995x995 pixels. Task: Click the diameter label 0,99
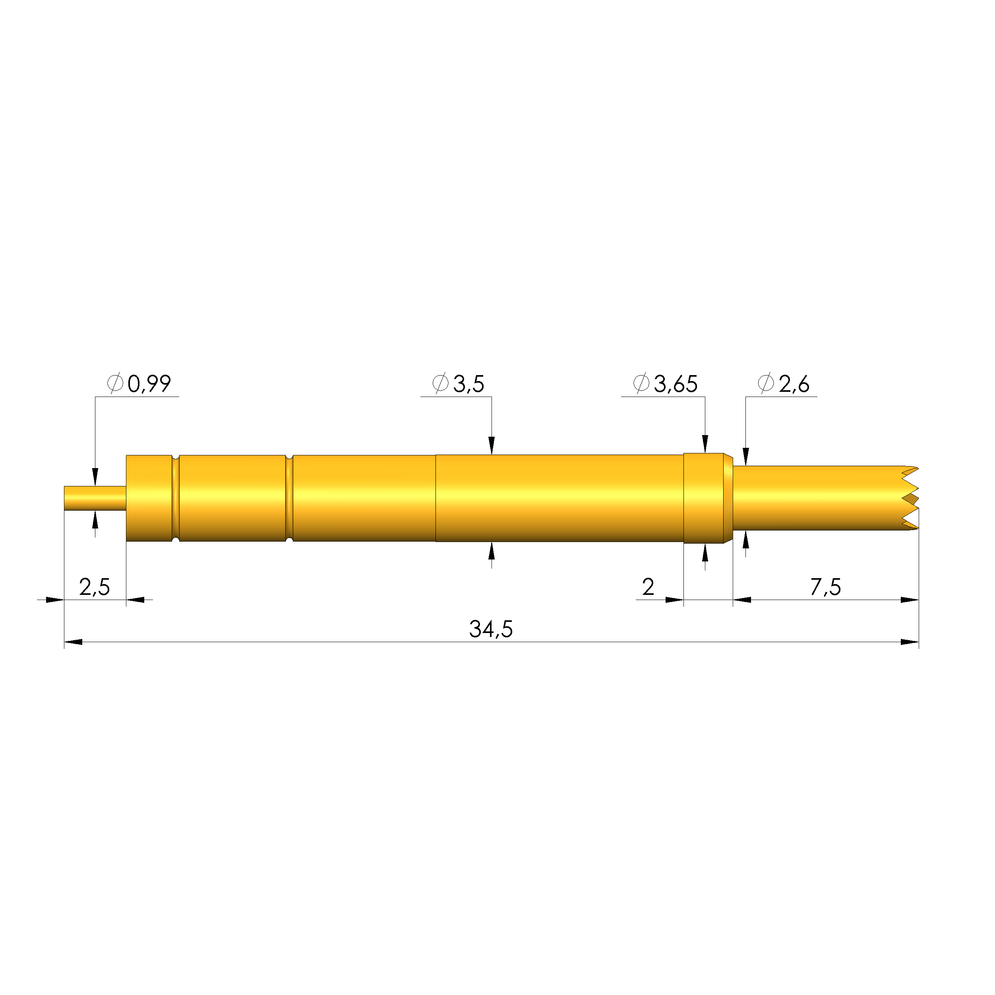point(149,384)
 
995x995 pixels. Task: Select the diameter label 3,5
point(468,384)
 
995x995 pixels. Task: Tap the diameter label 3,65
point(675,384)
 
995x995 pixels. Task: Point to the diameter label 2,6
point(794,384)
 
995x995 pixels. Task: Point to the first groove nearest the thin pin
point(176,498)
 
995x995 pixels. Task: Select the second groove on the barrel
point(289,498)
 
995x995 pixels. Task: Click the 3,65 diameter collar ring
point(703,498)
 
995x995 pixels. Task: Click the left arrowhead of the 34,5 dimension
point(73,642)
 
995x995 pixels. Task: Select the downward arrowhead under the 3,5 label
point(491,445)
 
